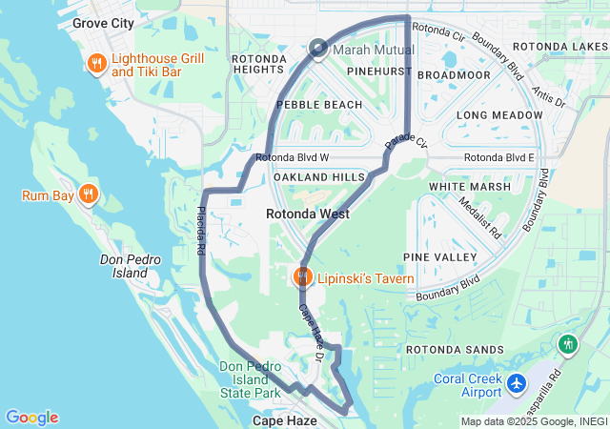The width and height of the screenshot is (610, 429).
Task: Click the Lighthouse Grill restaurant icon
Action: pos(96,64)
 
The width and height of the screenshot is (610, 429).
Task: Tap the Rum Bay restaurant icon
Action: pos(88,194)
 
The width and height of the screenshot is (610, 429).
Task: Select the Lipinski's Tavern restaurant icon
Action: pos(302,277)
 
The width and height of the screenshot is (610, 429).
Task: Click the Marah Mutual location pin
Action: pos(317,49)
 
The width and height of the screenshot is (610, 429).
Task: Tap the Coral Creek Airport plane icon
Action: pos(517,383)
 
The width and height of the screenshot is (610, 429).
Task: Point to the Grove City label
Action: pos(102,21)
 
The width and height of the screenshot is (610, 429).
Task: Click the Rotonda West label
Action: pos(307,214)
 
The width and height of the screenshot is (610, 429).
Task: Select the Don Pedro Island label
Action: pos(124,266)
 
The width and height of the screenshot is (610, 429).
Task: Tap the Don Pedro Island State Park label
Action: pos(250,379)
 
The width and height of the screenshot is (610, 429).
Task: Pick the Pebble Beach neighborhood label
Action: pos(319,104)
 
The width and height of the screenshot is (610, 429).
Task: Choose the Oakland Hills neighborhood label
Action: pos(319,177)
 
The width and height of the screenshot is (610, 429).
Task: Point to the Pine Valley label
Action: pos(439,257)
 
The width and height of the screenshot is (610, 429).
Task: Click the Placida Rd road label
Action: pos(201,231)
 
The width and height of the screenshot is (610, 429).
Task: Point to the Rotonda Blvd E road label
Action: pos(499,157)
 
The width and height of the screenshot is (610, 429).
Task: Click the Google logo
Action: pos(31,418)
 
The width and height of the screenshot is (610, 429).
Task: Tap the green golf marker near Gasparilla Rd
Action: pos(569,344)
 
